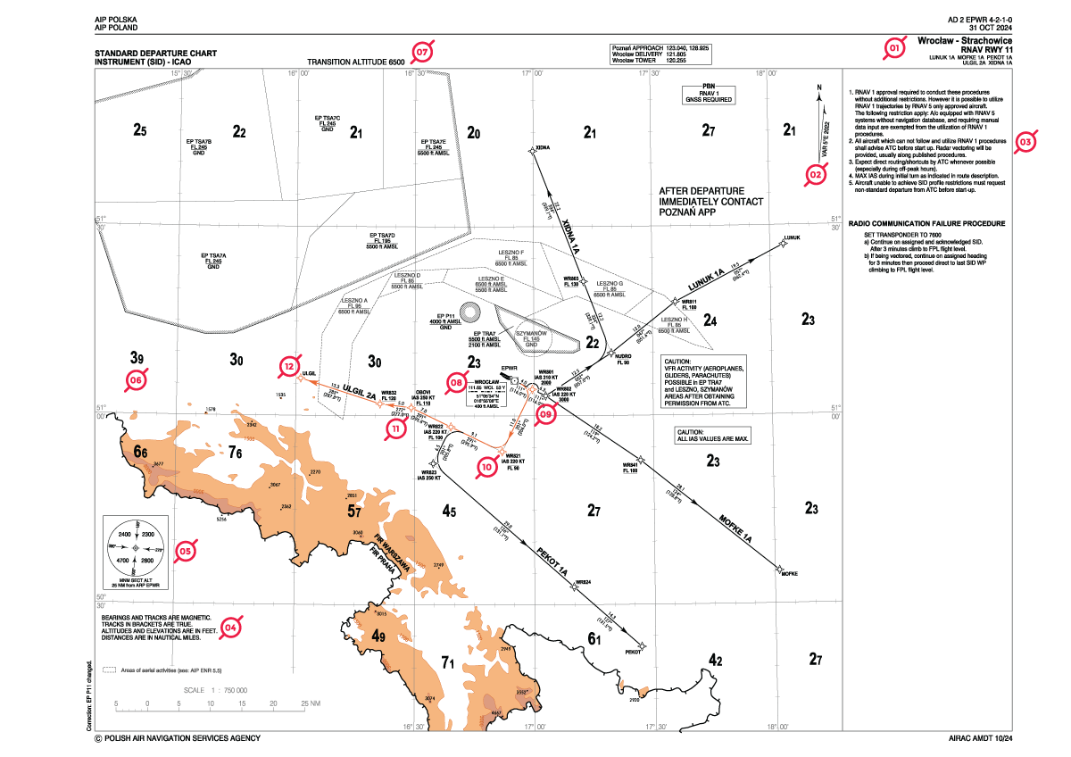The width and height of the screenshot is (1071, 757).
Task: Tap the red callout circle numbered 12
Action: pos(288,366)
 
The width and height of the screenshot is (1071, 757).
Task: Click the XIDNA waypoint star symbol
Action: pos(533,152)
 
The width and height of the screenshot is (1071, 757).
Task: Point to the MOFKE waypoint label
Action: pos(789,572)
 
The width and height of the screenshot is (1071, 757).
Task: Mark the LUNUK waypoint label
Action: pos(791,237)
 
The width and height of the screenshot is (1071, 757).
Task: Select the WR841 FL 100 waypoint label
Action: pos(630,467)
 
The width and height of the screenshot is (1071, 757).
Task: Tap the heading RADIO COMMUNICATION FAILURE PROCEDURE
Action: pos(926,223)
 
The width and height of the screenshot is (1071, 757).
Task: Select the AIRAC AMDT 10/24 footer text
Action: pos(981,738)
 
